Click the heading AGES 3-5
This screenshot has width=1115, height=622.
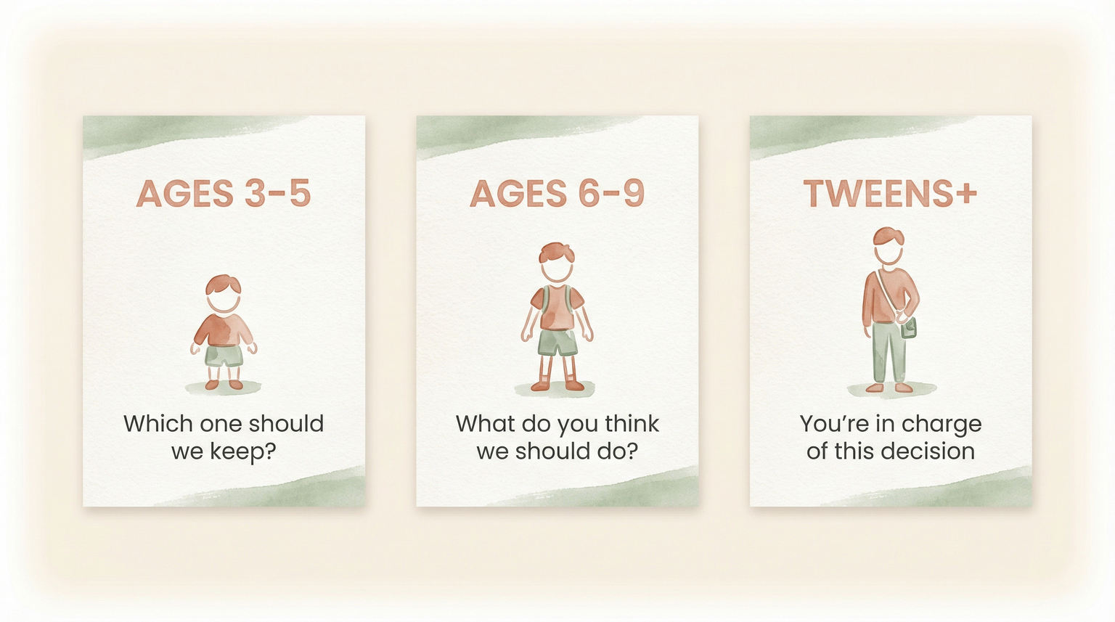(x=224, y=194)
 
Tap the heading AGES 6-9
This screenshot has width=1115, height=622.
(x=557, y=194)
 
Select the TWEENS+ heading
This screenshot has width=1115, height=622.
(x=890, y=194)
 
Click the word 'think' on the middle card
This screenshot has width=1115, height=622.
(x=632, y=423)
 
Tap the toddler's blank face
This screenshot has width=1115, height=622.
(x=224, y=300)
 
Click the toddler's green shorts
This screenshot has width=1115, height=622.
(x=224, y=356)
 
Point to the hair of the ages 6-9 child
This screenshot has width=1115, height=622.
(x=556, y=253)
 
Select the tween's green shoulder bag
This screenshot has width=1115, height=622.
(x=909, y=329)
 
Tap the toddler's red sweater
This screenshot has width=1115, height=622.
(x=224, y=330)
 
